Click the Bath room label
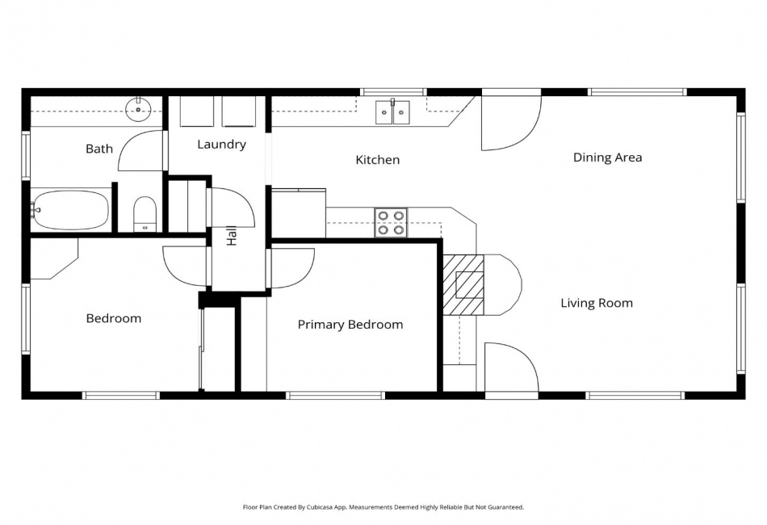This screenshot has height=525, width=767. (x=99, y=149)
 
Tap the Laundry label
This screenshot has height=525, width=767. (x=221, y=145)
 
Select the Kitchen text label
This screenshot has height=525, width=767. (x=377, y=160)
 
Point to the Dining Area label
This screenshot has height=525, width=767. (x=607, y=157)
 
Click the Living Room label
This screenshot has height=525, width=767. (x=597, y=304)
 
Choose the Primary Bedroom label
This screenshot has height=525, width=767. (x=350, y=325)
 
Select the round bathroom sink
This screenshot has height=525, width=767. (x=139, y=107)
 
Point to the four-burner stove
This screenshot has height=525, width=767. (x=391, y=223)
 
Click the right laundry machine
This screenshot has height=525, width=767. (x=239, y=111)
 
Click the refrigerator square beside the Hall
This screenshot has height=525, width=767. (x=298, y=214)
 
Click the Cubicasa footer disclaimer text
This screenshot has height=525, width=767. (x=383, y=507)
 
